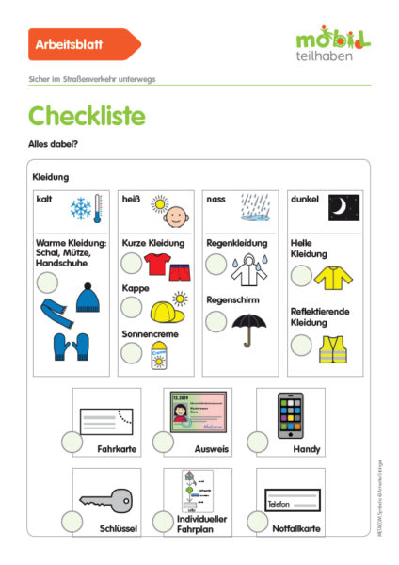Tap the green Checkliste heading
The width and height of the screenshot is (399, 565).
(87, 116)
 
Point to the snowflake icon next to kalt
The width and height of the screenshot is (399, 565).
(84, 206)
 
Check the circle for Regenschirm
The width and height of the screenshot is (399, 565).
(216, 321)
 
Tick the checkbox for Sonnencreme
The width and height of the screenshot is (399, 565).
(132, 353)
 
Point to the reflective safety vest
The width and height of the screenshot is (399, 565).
(333, 349)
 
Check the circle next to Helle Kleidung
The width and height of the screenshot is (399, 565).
(301, 276)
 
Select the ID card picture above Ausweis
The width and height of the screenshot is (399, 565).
(197, 412)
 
